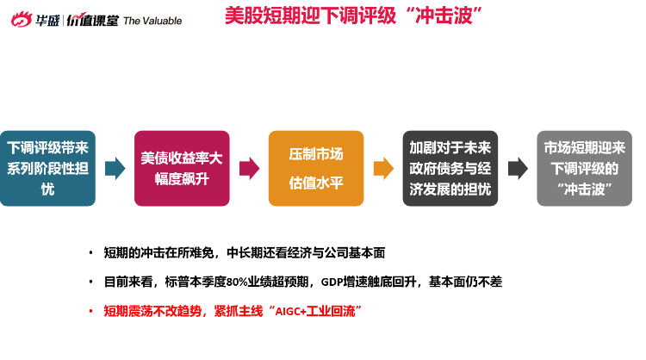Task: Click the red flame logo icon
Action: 22,19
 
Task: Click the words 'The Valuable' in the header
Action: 152,21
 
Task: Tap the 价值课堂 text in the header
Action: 92,20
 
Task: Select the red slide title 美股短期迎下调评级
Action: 311,16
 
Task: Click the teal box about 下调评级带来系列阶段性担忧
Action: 47,169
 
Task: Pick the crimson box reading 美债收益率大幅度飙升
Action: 182,169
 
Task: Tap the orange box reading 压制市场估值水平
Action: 316,169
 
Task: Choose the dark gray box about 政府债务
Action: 450,169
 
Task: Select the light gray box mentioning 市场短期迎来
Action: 584,169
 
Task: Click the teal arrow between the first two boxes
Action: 115,169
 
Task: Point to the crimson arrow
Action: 249,169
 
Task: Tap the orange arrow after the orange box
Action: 383,169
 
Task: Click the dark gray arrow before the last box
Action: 518,169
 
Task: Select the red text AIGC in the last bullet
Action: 288,312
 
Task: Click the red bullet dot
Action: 90,312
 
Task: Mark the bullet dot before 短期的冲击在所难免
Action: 90,253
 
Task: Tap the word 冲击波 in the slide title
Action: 444,16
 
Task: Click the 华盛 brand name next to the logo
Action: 47,20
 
